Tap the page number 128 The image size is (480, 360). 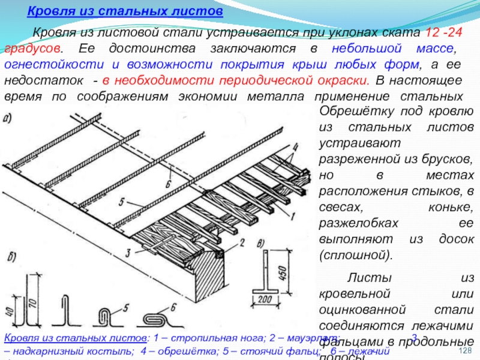coord(466,350)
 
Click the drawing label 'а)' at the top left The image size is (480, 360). coord(10,118)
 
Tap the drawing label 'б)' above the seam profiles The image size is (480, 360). coord(12,259)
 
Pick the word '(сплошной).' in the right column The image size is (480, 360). coord(356,255)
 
